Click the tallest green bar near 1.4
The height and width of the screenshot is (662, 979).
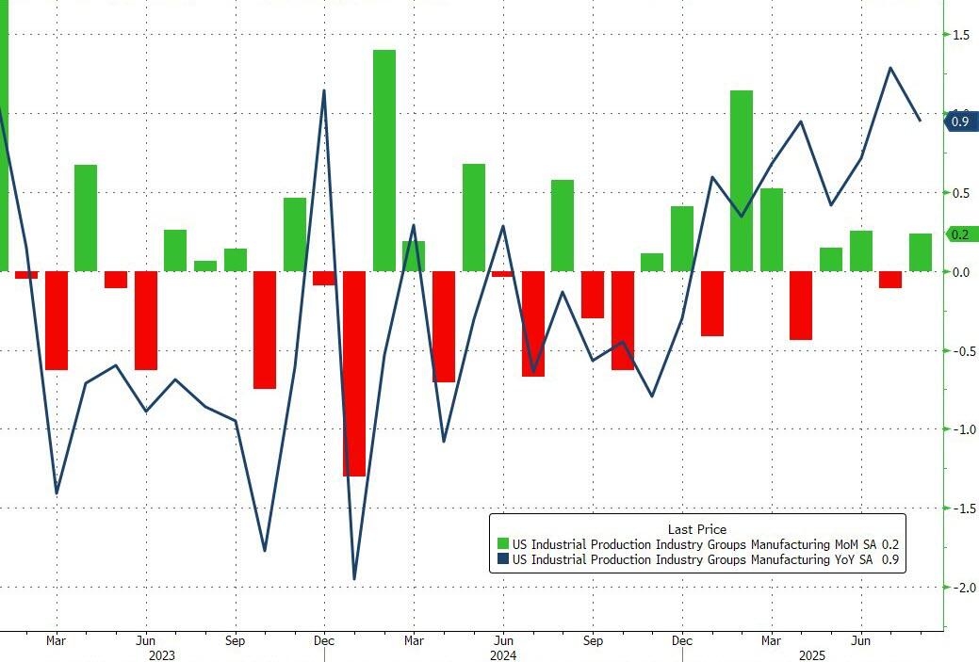384,160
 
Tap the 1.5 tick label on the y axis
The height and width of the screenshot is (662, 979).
961,35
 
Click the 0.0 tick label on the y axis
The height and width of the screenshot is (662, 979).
961,272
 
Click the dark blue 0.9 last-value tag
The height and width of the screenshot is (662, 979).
960,121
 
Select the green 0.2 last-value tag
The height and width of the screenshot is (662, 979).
960,234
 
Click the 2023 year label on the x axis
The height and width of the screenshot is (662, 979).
162,654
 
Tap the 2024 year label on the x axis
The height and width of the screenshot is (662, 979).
503,654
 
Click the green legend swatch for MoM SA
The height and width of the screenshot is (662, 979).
503,543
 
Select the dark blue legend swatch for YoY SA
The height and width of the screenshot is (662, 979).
503,559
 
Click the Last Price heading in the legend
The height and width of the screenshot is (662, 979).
697,529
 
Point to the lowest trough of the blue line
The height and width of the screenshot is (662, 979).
354,578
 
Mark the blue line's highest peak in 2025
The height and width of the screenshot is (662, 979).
890,68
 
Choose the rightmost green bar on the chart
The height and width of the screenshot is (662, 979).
921,252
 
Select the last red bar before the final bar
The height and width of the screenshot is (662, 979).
890,280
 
